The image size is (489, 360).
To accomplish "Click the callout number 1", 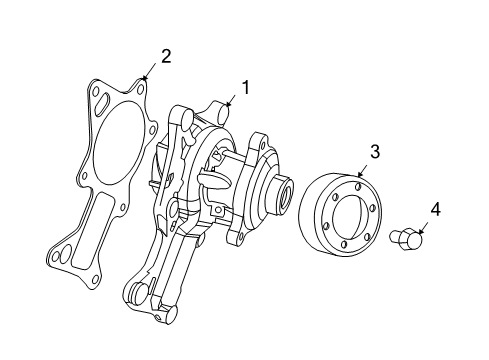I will tap(243, 87).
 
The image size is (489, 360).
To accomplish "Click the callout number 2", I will tap(166, 55).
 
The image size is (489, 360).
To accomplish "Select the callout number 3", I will tap(374, 151).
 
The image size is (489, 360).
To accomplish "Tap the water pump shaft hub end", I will tap(284, 193).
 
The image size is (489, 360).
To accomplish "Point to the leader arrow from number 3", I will tap(362, 171).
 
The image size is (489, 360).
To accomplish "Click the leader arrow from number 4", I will tap(423, 228).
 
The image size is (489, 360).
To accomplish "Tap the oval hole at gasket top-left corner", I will tap(99, 98).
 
